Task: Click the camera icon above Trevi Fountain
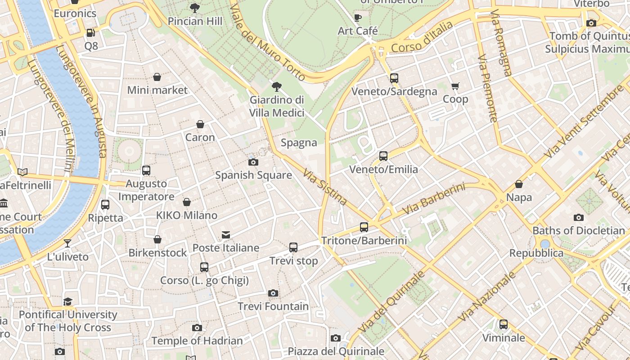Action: (273, 293)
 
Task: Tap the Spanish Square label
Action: (253, 175)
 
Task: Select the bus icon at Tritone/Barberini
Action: (364, 227)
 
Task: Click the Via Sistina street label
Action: (324, 187)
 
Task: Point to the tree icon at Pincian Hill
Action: (195, 8)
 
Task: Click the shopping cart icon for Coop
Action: (455, 86)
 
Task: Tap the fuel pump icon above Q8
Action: (90, 33)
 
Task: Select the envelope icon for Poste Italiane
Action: (225, 235)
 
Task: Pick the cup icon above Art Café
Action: (358, 18)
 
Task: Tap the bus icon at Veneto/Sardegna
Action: (394, 78)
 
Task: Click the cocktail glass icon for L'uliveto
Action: (67, 243)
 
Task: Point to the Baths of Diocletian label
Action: (579, 230)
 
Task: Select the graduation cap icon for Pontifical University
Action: (67, 301)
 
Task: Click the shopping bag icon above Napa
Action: (519, 184)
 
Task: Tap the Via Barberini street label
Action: (433, 198)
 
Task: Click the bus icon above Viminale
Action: (504, 324)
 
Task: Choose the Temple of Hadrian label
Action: (197, 341)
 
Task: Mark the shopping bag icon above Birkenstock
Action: (157, 239)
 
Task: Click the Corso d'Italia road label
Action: (422, 37)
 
